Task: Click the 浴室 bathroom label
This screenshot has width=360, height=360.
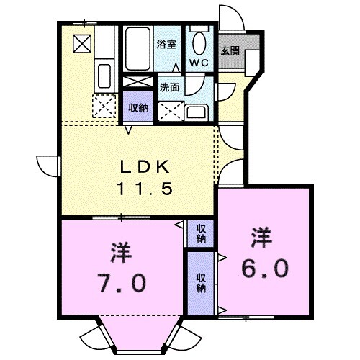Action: click(x=167, y=45)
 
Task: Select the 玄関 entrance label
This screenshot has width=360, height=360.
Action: click(x=230, y=51)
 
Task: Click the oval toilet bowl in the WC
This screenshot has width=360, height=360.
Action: click(x=199, y=41)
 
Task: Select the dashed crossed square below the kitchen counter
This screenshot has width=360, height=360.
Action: click(x=103, y=107)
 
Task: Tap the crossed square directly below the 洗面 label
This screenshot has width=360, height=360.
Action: click(x=171, y=110)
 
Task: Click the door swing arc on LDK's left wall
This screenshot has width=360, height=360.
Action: click(x=48, y=164)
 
